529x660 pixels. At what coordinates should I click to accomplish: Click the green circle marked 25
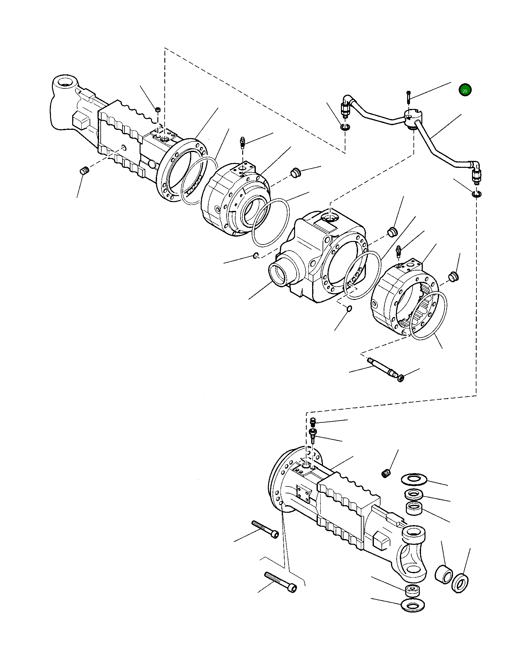pos(465,90)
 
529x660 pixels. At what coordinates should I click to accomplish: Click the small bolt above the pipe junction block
pos(408,97)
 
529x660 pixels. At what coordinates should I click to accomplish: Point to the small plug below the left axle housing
pos(84,171)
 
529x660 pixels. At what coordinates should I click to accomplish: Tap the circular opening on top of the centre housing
pos(330,217)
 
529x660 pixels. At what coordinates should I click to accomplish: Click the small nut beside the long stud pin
pos(400,378)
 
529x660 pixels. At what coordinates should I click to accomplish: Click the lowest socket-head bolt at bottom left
pos(280,582)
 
